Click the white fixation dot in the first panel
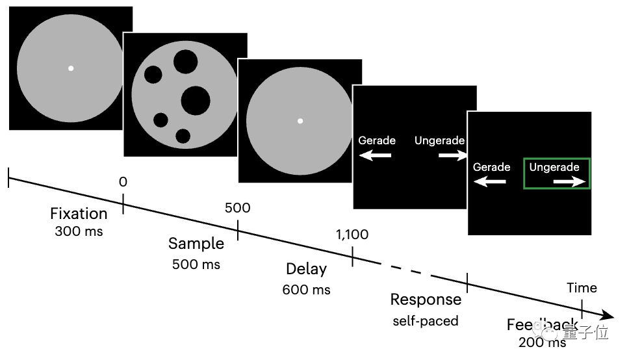point(71,68)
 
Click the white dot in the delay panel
point(300,121)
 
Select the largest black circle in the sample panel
point(196,100)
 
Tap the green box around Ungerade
point(557,174)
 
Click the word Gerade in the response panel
point(377,140)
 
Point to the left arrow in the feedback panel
point(489,182)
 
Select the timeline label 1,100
point(352,235)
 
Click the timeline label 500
point(237,208)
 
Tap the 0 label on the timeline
point(123,182)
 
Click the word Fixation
point(79,214)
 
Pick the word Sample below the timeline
point(196,244)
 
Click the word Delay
point(307,269)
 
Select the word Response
point(426,300)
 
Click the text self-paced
point(425,321)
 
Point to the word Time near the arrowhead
point(582,288)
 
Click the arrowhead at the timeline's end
point(608,316)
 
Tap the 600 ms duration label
point(307,290)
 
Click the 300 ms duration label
point(79,231)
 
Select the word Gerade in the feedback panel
point(491,167)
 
